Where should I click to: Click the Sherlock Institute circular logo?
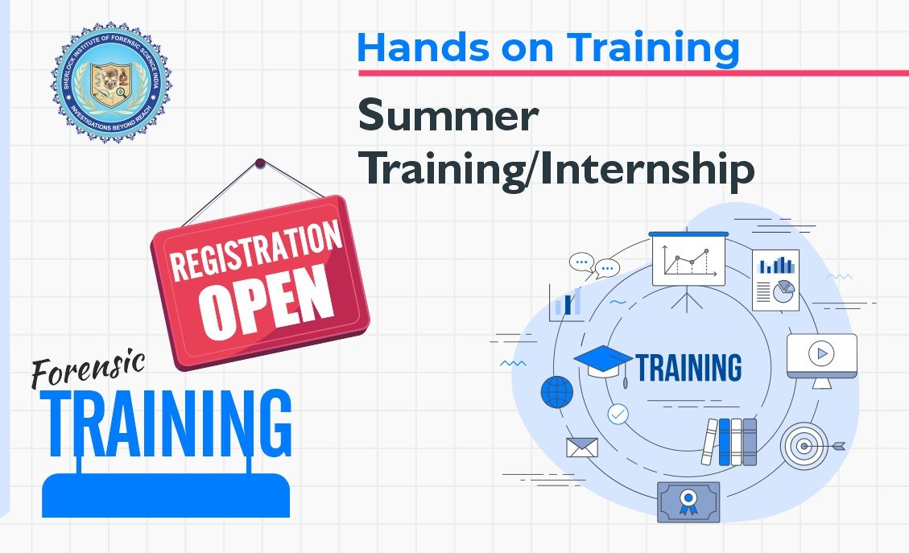pos(110,83)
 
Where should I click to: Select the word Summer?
pos(448,118)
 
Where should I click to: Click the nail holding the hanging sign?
pos(259,163)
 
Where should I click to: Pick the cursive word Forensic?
pos(88,371)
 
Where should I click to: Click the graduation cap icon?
pos(602,362)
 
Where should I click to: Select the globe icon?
pos(557,392)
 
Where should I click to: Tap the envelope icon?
pos(581,448)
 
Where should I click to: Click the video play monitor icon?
pos(821,357)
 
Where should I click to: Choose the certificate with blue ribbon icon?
pos(688,501)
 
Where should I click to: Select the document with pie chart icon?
pos(775,279)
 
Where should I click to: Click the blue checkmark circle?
pos(618,415)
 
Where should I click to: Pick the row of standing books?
pos(731,441)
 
